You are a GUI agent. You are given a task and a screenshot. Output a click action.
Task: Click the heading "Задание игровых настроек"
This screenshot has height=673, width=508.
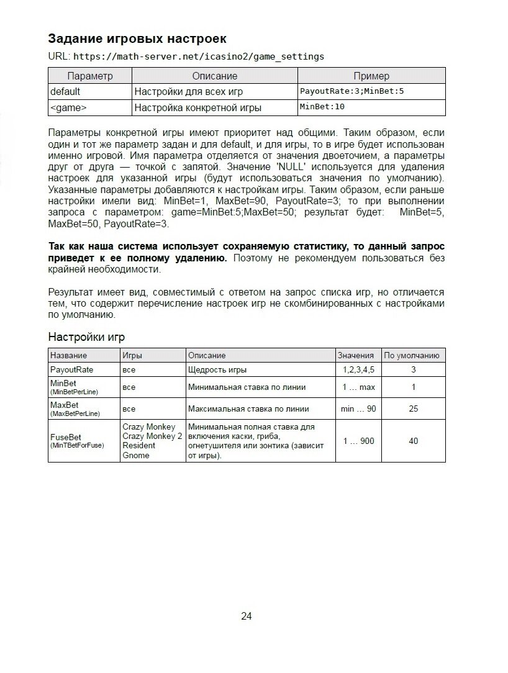click(137, 38)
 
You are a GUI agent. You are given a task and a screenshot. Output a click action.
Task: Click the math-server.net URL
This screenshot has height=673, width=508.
click(199, 56)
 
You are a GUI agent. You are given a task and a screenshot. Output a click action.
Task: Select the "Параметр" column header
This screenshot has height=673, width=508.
click(90, 76)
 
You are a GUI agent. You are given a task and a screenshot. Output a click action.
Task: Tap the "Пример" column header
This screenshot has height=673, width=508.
click(371, 76)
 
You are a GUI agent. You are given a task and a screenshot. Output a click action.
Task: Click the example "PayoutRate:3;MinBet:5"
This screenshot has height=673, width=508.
click(352, 91)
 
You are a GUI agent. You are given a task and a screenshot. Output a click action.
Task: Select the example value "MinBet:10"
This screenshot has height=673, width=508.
click(322, 107)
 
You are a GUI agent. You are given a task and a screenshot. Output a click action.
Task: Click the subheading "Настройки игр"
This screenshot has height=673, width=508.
click(86, 337)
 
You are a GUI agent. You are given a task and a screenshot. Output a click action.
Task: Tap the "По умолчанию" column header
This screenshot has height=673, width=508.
click(412, 355)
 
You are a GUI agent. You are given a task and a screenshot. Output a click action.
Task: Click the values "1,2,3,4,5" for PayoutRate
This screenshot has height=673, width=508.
click(358, 369)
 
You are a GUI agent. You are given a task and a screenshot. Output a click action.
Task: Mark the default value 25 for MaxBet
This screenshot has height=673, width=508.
click(414, 409)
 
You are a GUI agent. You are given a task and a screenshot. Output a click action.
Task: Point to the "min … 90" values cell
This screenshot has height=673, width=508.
click(358, 409)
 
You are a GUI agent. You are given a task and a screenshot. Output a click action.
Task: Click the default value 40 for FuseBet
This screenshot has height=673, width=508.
click(414, 441)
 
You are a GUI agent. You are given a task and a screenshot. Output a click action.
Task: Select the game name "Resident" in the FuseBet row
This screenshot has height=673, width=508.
click(138, 446)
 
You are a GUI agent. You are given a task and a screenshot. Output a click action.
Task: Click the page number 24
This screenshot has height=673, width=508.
click(246, 616)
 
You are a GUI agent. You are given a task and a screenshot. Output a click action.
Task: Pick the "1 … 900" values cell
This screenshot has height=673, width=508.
click(358, 441)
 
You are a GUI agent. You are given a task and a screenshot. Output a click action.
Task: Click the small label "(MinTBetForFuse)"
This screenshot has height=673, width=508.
click(77, 445)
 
